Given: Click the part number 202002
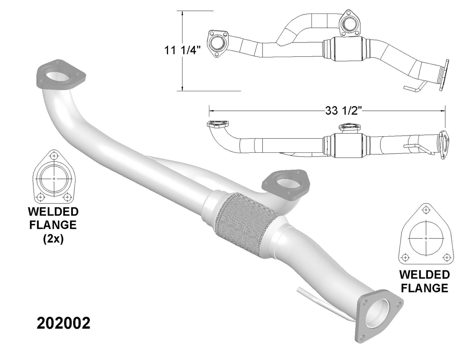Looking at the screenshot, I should click(64, 323).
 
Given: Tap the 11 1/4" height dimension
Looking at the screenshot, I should click(183, 51).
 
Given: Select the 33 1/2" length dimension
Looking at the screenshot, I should click(344, 111).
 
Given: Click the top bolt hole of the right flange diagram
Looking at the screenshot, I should click(426, 210).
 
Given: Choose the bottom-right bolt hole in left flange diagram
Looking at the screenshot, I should click(67, 196).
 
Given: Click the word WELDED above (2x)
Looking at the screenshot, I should click(53, 212).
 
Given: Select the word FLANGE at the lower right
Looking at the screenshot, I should click(424, 288).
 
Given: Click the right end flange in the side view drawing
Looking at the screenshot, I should click(443, 145).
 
